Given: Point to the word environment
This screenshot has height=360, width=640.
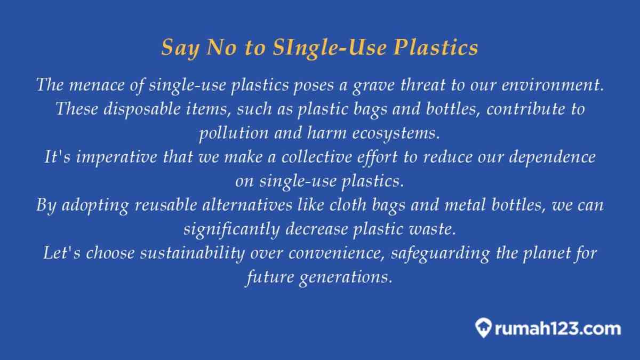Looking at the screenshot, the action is [x=553, y=85].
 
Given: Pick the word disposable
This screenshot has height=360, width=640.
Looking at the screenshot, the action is [x=142, y=109].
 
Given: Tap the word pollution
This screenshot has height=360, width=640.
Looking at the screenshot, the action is [x=234, y=133].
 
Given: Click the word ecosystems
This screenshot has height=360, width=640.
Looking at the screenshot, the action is [x=396, y=134].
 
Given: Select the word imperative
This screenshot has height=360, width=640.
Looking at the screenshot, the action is [x=116, y=157].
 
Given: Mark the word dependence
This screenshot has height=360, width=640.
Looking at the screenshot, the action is [x=553, y=157].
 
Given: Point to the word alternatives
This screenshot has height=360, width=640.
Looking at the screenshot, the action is [x=247, y=205].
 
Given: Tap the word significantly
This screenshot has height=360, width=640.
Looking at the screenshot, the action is [x=231, y=229].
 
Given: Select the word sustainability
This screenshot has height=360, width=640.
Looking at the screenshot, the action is [x=193, y=253].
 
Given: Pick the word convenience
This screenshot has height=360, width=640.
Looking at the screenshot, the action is [x=337, y=254].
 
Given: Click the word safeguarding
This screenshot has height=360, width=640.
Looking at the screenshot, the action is [x=441, y=253].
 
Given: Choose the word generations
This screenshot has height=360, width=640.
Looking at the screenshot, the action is [x=346, y=278].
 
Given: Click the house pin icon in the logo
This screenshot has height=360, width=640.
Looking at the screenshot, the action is [x=483, y=327].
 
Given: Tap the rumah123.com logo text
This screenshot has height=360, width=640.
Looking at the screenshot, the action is [x=558, y=329].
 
